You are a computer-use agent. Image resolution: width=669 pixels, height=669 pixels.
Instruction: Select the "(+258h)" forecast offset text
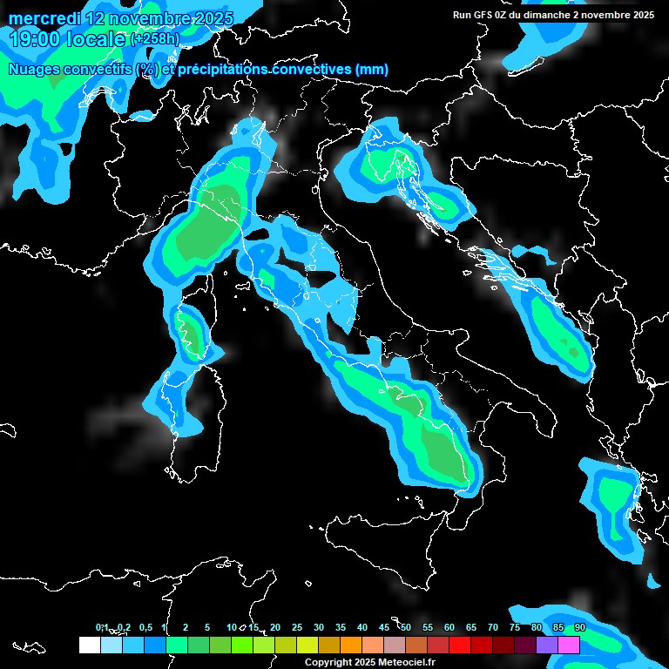coord(155,39)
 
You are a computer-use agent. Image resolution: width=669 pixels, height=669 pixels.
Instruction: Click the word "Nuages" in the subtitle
coord(36,70)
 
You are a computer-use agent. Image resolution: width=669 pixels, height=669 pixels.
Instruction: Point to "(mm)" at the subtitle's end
coord(371,70)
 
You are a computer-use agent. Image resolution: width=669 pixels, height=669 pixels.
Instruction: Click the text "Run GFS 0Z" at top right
coord(479,15)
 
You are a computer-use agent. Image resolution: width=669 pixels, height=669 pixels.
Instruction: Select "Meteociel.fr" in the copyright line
coord(406,662)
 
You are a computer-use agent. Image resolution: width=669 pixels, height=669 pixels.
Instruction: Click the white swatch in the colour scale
coord(89,645)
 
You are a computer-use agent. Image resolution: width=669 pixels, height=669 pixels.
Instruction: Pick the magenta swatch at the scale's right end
coord(569,645)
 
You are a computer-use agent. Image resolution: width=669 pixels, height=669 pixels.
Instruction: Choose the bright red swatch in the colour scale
coord(460,645)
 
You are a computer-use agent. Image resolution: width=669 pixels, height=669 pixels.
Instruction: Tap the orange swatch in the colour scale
coord(351,645)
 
